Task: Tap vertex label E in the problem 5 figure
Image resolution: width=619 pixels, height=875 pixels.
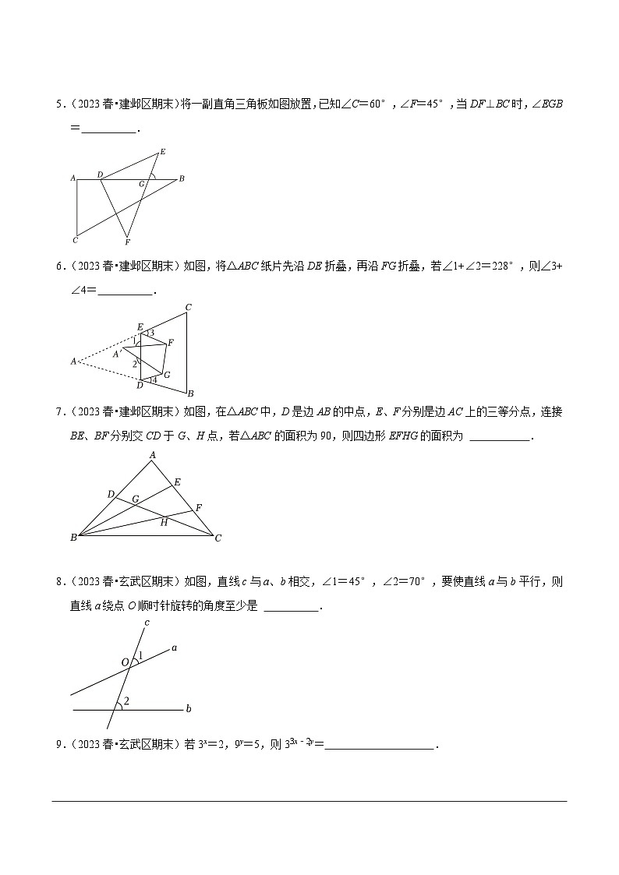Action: pos(162,151)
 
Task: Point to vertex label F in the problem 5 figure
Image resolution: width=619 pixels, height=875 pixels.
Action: pos(127,242)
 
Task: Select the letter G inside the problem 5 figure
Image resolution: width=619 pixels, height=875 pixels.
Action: pos(142,184)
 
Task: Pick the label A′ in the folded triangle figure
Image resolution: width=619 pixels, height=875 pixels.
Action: pos(117,354)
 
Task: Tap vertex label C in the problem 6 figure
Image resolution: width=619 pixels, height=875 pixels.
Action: pos(189,306)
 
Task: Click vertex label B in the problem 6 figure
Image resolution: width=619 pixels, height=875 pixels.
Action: pos(189,393)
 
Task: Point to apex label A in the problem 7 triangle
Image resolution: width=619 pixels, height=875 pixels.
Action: pos(153,455)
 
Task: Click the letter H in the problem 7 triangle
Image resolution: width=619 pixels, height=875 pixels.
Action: pos(164,522)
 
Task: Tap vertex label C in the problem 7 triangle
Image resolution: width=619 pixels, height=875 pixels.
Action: pos(218,538)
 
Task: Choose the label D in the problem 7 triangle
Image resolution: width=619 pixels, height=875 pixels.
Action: pos(111,494)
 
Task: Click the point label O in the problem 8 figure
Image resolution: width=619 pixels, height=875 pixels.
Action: pos(125,662)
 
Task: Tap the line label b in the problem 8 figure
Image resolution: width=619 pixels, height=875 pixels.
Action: pos(189,709)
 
